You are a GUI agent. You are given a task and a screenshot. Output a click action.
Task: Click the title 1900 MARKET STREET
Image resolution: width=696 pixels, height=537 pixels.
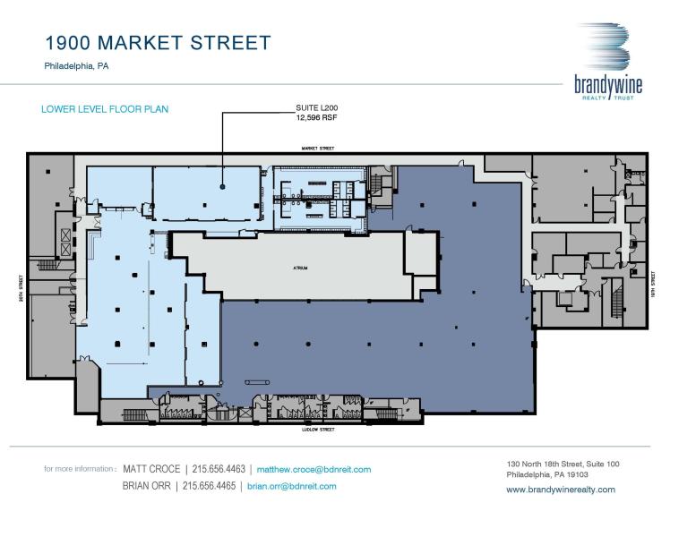coord(158,42)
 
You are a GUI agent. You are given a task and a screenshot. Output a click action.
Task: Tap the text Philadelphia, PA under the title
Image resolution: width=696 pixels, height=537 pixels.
coord(77,66)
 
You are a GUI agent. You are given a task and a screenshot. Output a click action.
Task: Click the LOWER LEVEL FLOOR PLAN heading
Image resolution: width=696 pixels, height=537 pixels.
coord(105,109)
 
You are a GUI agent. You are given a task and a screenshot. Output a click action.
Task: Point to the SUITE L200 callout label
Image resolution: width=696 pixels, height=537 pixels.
coord(316,107)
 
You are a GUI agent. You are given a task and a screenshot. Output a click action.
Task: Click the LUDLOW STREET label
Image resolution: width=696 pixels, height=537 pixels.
coord(318,430)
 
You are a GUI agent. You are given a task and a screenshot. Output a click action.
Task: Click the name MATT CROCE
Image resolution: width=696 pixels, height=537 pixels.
coord(151,469)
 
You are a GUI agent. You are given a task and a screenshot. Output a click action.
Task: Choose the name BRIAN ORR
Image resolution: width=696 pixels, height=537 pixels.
coord(148,486)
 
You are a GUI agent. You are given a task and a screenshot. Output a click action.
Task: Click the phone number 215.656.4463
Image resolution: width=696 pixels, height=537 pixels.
coord(220,469)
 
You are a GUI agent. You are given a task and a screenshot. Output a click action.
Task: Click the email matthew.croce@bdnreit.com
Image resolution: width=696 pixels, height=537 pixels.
coord(314,469)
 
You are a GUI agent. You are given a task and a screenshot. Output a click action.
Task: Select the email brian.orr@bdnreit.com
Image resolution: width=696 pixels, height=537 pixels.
coord(292,486)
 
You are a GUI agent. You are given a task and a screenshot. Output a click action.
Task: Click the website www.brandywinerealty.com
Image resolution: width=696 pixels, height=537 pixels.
coord(561,490)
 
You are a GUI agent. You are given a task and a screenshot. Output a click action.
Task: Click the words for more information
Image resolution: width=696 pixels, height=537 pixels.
coord(79,469)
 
